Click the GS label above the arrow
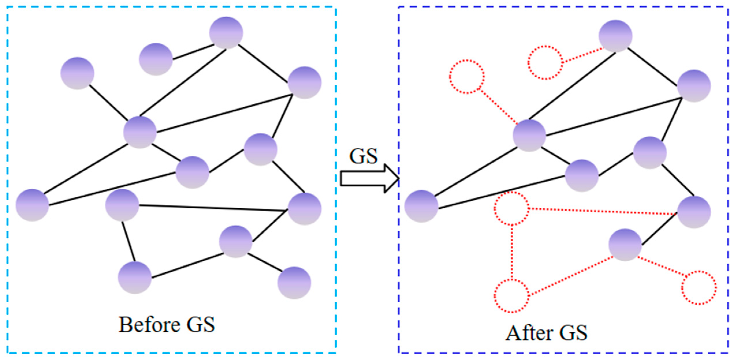coord(363,156)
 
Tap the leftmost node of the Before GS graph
coord(32,205)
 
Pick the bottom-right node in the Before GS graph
coord(294,282)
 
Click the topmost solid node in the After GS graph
coord(615,36)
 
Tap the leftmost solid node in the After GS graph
coord(421,206)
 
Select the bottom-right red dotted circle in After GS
coord(699,287)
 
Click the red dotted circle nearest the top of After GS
coord(545,62)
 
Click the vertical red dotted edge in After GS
coord(512,253)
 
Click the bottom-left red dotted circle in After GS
coord(512,296)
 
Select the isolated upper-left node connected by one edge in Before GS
coord(77,73)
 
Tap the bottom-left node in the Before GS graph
coord(135,277)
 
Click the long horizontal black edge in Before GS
coord(214,208)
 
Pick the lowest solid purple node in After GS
coord(625,245)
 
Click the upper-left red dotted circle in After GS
coord(467,77)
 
